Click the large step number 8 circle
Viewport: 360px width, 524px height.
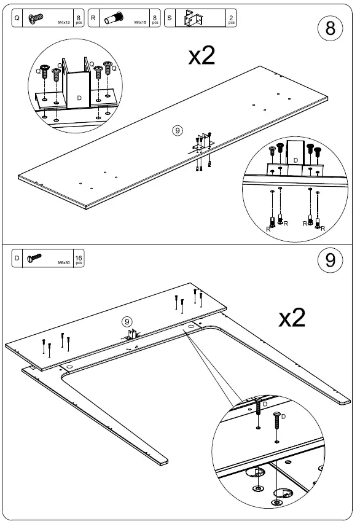[331, 29]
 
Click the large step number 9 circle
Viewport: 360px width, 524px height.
[331, 260]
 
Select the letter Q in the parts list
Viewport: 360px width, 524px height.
[17, 18]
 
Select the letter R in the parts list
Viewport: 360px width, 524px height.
[93, 18]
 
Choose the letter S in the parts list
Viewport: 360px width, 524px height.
[169, 18]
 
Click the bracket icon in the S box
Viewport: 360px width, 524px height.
[195, 19]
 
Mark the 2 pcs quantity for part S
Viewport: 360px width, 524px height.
[231, 19]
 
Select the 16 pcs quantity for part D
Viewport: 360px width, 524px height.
[78, 258]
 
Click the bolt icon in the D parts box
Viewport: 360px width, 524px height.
[33, 258]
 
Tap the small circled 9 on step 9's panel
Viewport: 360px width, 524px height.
[127, 322]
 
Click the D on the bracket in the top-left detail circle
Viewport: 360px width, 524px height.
[79, 98]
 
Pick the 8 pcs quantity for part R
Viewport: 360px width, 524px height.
[155, 19]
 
